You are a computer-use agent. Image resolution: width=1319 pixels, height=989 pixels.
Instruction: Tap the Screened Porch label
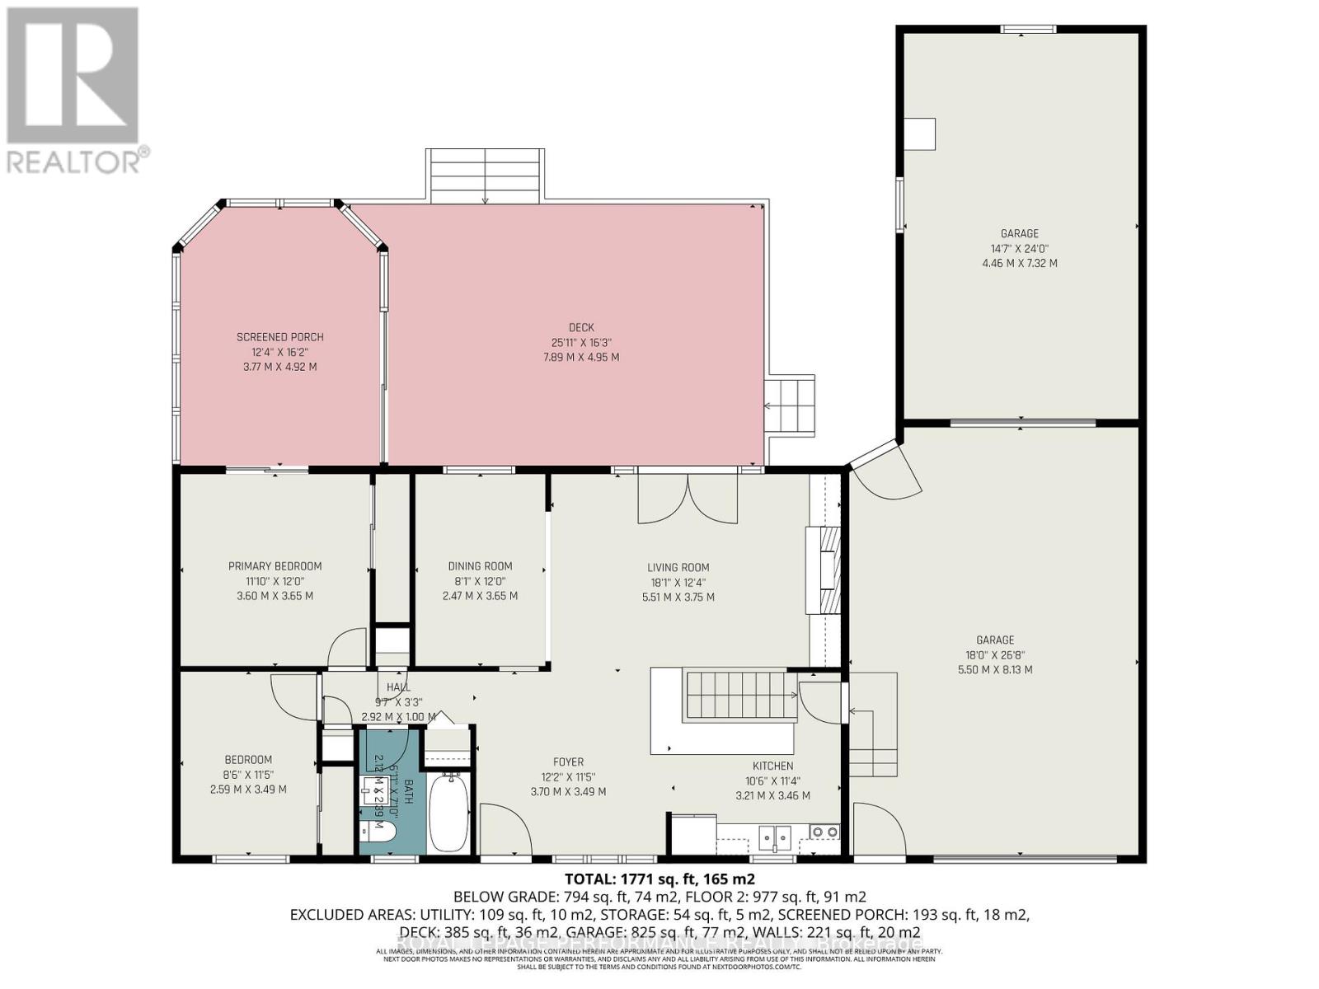279,337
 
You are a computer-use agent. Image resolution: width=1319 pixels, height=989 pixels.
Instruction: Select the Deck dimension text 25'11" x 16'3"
580,343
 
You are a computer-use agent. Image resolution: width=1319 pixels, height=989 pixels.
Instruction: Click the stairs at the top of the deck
485,176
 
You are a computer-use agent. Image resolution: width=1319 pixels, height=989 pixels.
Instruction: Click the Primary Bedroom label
275,566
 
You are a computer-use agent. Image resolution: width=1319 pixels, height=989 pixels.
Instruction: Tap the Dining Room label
480,566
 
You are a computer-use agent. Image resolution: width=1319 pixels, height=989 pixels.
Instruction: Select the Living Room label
678,567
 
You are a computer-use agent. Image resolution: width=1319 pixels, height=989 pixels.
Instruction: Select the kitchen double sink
775,836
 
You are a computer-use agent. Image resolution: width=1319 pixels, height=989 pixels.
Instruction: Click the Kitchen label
772,766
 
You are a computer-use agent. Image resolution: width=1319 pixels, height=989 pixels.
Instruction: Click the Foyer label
568,762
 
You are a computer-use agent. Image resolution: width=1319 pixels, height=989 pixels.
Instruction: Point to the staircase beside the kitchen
739,696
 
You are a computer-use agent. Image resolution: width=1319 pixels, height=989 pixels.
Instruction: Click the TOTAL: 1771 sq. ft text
659,879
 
